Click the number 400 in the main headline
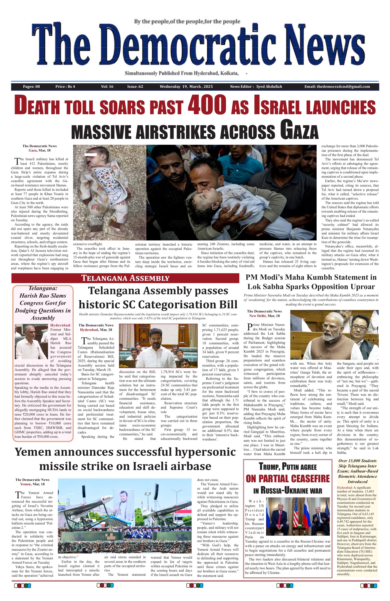coord(207,104)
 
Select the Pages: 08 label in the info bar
coord(31,87)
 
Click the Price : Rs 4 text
coord(65,87)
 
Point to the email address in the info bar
coord(337,87)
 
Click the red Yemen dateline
coord(25,484)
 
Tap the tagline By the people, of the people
coord(187,22)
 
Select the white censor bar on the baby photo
coord(90,155)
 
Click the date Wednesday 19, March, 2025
coord(186,87)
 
